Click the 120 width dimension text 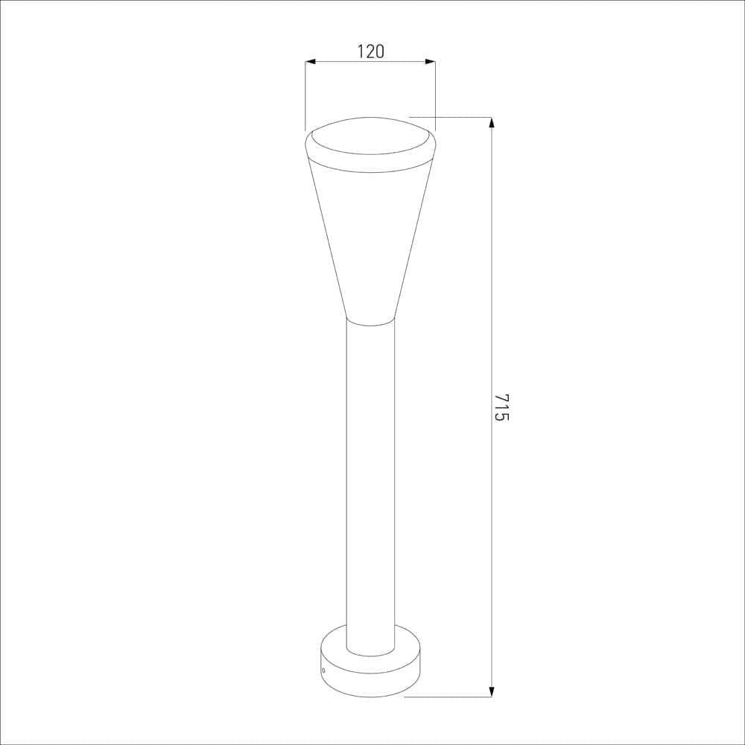click(x=370, y=51)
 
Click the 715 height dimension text click(x=501, y=407)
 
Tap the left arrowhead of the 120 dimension click(x=311, y=62)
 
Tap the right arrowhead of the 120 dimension click(x=430, y=62)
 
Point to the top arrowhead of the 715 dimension click(x=491, y=123)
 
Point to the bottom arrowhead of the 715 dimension click(x=491, y=691)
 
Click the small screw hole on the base click(x=323, y=670)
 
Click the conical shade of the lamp click(x=370, y=238)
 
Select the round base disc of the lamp click(x=370, y=674)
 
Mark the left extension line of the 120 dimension click(x=305, y=97)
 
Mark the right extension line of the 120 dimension click(x=435, y=97)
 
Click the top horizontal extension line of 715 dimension click(x=451, y=117)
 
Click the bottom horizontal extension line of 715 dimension click(x=447, y=697)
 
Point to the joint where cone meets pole click(x=370, y=322)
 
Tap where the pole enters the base click(x=370, y=650)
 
